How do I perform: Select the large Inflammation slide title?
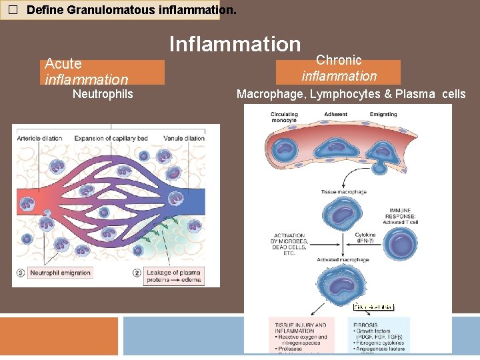pyautogui.click(x=235, y=44)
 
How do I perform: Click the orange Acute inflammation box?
pyautogui.click(x=103, y=72)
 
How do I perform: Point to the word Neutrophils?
pyautogui.click(x=103, y=94)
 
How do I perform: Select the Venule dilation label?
pyautogui.click(x=184, y=138)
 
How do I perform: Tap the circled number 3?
pyautogui.click(x=20, y=273)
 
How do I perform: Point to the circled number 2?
pyautogui.click(x=137, y=273)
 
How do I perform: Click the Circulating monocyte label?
pyautogui.click(x=284, y=117)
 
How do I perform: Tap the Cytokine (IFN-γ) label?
pyautogui.click(x=365, y=238)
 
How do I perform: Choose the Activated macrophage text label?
pyautogui.click(x=343, y=259)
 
